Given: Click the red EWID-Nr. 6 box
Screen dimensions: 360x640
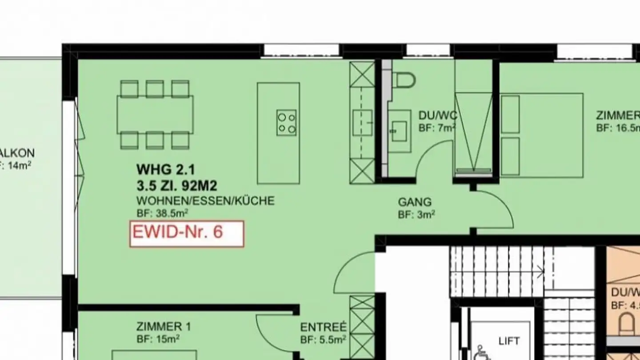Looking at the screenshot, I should click(x=187, y=233).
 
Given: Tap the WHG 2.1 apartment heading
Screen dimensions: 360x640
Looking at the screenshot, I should click(x=166, y=169).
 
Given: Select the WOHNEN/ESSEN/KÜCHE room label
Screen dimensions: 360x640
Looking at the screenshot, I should click(x=205, y=201).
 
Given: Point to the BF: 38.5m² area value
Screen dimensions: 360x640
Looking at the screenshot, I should click(x=162, y=214).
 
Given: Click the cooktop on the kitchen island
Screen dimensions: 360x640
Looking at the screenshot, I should click(x=287, y=123).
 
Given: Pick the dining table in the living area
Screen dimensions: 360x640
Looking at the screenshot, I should click(x=155, y=115).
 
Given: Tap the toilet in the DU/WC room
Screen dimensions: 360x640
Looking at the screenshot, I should click(x=405, y=80).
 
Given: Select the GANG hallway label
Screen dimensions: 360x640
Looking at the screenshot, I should click(x=415, y=202).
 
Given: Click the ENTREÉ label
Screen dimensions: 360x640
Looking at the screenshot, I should click(x=323, y=328).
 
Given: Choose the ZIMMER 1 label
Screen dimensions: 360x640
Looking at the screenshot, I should click(x=164, y=327).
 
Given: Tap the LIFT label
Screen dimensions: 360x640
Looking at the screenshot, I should click(x=509, y=341).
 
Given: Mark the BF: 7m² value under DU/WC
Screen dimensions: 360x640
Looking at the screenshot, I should click(x=437, y=128).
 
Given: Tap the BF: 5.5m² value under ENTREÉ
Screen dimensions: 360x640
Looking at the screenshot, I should click(x=323, y=340).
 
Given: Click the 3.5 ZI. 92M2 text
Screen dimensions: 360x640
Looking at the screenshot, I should click(x=177, y=185).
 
